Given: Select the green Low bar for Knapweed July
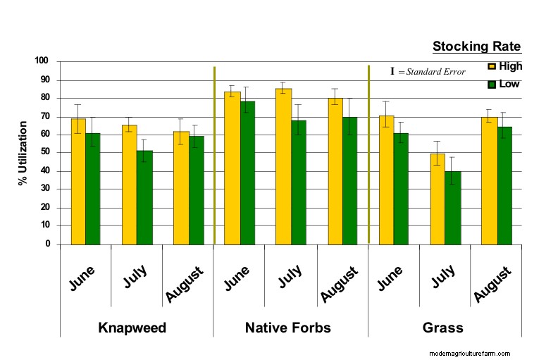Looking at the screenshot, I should tap(145, 197).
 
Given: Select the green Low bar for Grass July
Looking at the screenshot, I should tap(452, 208).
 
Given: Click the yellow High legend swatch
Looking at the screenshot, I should tap(492, 67).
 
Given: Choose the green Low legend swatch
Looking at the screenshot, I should tap(492, 84).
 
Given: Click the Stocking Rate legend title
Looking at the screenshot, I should tap(476, 47).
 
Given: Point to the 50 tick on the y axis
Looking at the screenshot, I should tap(45, 152).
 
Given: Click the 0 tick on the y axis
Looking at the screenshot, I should tap(48, 244).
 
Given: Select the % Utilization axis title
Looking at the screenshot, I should tap(23, 153).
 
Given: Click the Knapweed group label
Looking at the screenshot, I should tap(132, 328).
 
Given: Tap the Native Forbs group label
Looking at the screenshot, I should tap(287, 328).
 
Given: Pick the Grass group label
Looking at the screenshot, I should tap(442, 328).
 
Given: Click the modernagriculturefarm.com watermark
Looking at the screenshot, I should tap(469, 354).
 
